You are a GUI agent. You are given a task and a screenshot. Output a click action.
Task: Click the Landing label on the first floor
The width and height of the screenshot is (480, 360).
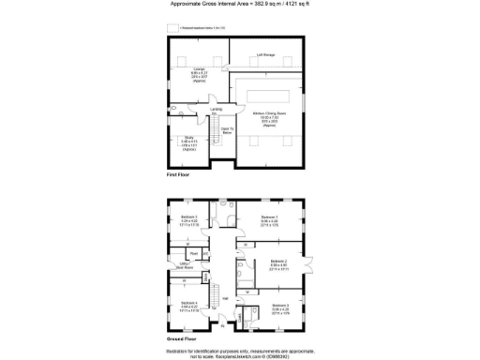tap(216, 110)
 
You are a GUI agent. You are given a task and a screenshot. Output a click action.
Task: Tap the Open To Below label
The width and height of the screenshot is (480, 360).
tap(226, 129)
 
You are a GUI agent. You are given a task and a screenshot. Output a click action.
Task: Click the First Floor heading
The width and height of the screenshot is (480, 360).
tap(179, 175)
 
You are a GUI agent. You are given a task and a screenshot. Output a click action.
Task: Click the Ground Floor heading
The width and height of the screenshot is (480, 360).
tap(182, 337)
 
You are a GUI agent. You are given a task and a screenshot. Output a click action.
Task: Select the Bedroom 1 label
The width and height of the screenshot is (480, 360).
tap(269, 220)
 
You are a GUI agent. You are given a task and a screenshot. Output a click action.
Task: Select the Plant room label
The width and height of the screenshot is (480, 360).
tap(194, 253)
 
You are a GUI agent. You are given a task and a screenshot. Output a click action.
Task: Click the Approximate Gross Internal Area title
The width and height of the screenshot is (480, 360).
tap(238, 5)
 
